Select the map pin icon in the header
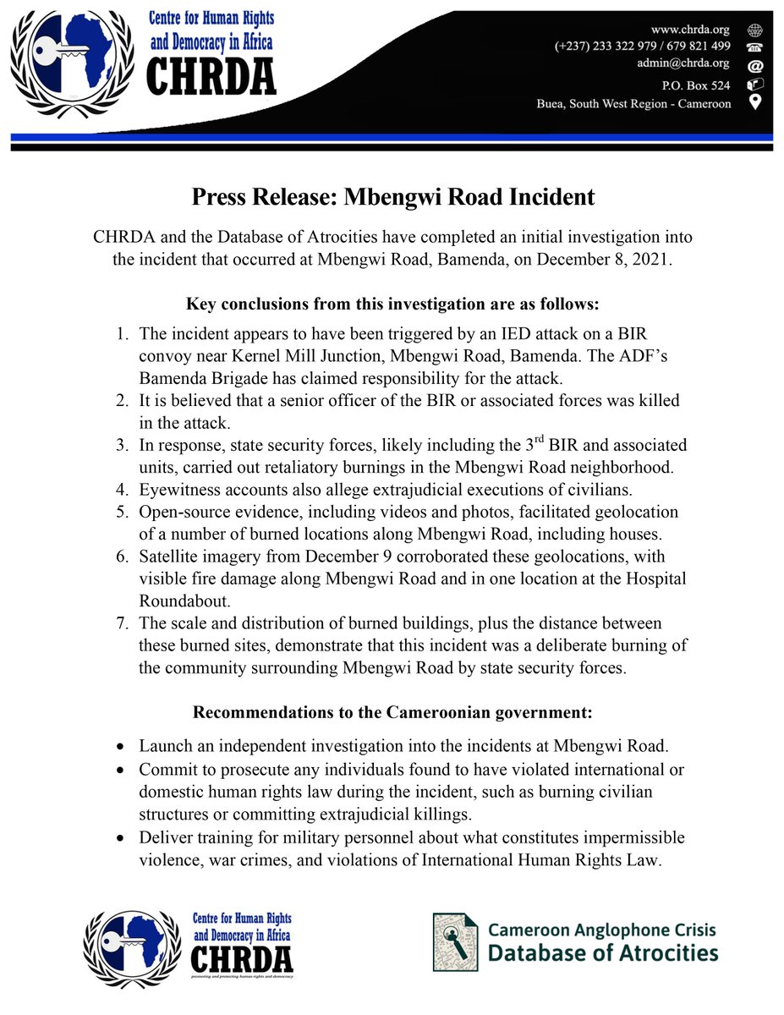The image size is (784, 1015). click(x=754, y=103)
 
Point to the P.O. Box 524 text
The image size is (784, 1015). click(x=698, y=85)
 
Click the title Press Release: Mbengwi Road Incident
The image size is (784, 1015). click(x=392, y=197)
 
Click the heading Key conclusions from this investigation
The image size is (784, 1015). click(x=392, y=303)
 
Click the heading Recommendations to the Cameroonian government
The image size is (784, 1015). click(x=392, y=712)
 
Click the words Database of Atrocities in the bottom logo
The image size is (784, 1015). click(x=603, y=953)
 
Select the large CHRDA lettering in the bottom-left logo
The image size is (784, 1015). click(x=242, y=959)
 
